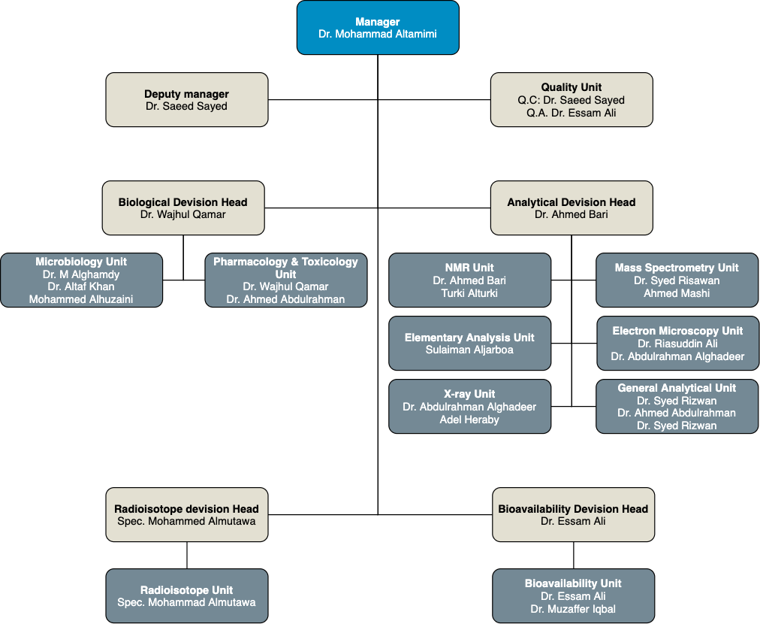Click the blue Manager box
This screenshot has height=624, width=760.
(x=378, y=28)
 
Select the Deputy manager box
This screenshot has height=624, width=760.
(x=186, y=100)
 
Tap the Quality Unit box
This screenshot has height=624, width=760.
(x=572, y=100)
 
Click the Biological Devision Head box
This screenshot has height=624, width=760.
(x=183, y=208)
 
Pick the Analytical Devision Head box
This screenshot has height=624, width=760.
(x=572, y=208)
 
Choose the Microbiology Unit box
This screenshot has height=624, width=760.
(x=81, y=280)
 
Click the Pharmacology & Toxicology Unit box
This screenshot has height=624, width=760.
(x=286, y=280)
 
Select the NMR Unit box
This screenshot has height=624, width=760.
(x=469, y=280)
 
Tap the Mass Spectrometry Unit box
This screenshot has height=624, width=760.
(x=677, y=280)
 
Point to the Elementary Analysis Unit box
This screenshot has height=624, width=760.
(x=469, y=344)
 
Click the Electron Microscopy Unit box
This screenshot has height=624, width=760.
(x=677, y=344)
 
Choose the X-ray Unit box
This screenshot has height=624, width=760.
(x=469, y=407)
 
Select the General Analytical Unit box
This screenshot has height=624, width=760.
(x=677, y=407)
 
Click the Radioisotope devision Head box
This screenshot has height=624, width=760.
(x=186, y=515)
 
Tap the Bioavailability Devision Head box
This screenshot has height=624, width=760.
(x=574, y=515)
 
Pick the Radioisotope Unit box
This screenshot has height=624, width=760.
(x=186, y=596)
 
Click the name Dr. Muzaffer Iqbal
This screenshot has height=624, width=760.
(x=573, y=609)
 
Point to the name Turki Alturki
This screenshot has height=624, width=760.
(x=469, y=293)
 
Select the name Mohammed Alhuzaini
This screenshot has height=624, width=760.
(x=81, y=299)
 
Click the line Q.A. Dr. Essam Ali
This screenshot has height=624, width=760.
(x=572, y=113)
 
